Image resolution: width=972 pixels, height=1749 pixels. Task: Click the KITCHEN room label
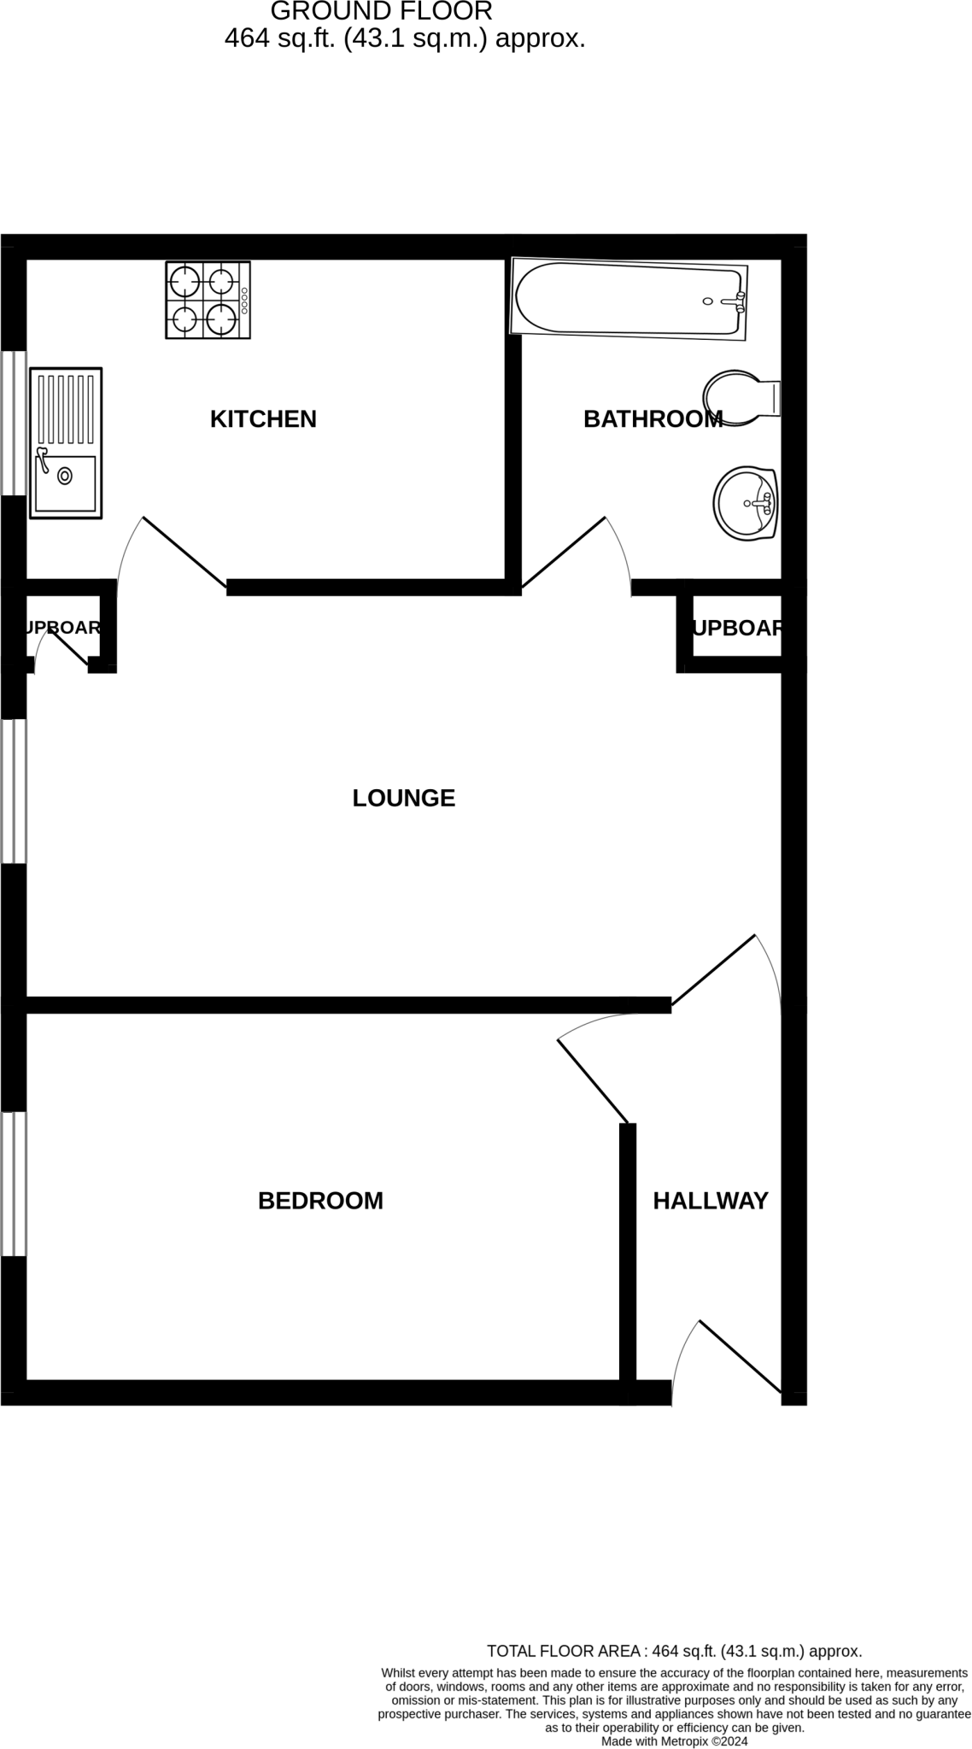[x=263, y=418]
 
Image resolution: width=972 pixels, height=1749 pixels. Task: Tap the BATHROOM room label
[x=653, y=418]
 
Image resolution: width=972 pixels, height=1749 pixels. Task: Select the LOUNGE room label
[x=403, y=798]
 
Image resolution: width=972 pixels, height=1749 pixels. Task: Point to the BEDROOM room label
[x=320, y=1201]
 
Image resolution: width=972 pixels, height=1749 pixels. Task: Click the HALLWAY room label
[x=711, y=1201]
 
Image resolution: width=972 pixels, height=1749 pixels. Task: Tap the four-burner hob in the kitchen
[x=208, y=300]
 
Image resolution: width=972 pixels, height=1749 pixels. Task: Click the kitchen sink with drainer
[x=66, y=442]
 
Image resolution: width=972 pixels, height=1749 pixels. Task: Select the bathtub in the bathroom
[x=629, y=299]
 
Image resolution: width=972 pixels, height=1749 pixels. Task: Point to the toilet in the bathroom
[x=740, y=397]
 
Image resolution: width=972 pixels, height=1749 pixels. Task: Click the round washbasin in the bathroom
[x=745, y=503]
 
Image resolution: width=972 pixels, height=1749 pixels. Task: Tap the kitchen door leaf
[x=184, y=552]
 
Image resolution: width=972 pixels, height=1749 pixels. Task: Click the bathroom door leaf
[x=564, y=553]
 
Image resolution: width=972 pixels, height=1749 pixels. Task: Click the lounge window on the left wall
[x=14, y=791]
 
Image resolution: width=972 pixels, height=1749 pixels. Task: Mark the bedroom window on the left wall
[x=14, y=1183]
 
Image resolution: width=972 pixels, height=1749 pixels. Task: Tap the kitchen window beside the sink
[x=14, y=423]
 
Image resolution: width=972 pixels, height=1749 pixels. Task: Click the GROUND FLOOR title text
[x=382, y=11]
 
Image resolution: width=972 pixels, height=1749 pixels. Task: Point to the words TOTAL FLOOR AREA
[x=563, y=1651]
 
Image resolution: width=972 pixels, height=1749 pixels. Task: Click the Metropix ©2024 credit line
[x=674, y=1741]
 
